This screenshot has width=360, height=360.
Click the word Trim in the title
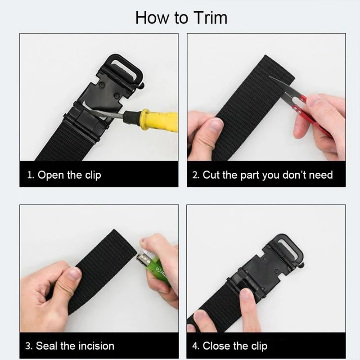coord(211,18)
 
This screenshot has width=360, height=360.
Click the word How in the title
coord(152,18)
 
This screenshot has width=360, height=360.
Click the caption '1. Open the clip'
coord(64,175)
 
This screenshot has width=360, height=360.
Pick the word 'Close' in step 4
coord(216,346)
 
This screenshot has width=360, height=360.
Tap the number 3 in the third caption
coord(28,346)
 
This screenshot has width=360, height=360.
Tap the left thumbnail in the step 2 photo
coord(216,125)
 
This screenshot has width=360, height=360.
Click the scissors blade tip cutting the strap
coord(270,77)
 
